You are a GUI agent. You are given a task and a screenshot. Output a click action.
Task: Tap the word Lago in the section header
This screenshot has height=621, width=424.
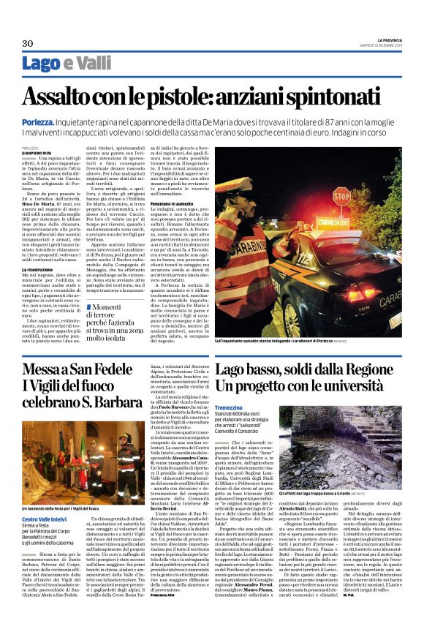[41, 64]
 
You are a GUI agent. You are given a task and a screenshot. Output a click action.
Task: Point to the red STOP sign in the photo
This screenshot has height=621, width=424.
[341, 196]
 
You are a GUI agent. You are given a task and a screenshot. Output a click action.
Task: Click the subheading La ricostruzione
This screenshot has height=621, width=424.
[39, 269]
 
